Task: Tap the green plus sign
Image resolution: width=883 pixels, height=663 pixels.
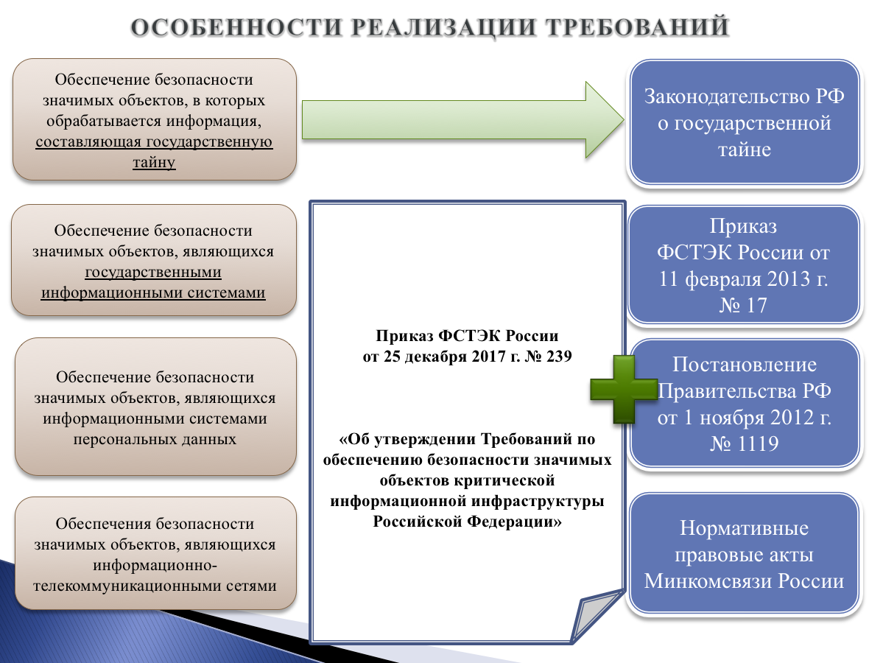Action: point(623,390)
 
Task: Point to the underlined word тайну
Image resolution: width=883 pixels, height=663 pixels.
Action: point(154,161)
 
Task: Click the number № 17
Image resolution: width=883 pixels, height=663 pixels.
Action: point(743,305)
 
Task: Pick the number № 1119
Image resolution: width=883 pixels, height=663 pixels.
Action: point(744,443)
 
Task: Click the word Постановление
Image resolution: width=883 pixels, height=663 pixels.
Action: point(744,365)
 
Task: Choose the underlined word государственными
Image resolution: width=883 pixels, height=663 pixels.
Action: point(153,272)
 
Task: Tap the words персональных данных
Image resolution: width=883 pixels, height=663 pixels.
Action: point(154,439)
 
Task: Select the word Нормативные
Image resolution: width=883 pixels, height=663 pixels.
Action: point(744,528)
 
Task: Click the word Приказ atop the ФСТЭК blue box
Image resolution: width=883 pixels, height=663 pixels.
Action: point(743,225)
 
